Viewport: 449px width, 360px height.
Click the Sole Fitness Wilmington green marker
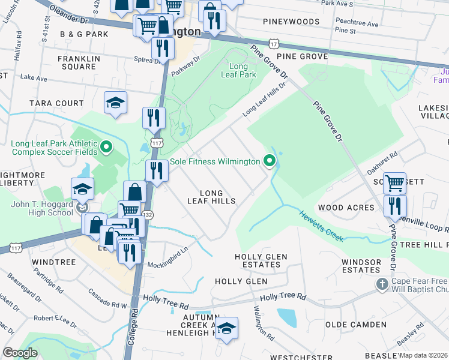point(270,161)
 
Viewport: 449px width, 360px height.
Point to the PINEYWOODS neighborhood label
point(291,21)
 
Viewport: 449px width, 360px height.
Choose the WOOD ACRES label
point(346,208)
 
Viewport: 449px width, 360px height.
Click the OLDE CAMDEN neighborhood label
point(355,324)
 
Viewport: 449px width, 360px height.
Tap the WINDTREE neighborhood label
point(53,262)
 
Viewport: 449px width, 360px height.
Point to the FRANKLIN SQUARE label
point(77,62)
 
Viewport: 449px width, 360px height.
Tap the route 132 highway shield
point(148,214)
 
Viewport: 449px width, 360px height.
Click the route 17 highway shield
point(274,44)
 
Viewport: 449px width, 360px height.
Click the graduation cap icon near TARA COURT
point(115,103)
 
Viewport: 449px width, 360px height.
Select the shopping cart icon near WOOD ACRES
point(394,183)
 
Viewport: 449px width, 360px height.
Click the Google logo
point(20,353)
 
